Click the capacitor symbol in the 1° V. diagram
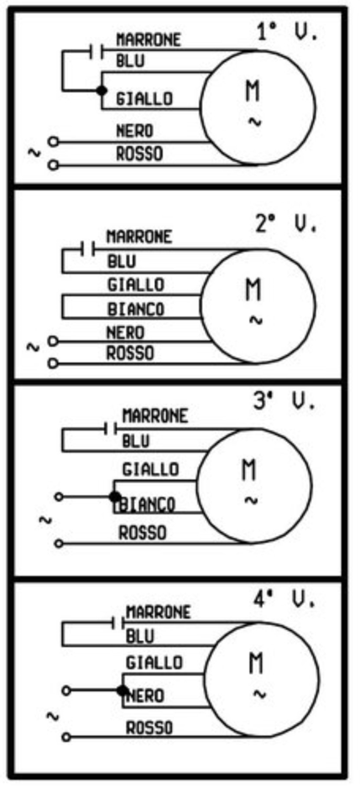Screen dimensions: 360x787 (x=97, y=50)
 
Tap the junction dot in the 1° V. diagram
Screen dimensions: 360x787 (x=102, y=91)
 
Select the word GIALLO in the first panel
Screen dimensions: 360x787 (x=144, y=98)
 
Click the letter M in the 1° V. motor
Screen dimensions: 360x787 (x=253, y=91)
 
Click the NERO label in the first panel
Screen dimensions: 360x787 (x=134, y=132)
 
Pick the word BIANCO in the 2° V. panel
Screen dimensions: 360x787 (x=136, y=309)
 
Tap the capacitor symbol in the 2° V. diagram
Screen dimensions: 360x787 (x=88, y=249)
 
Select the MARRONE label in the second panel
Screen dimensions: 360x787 (x=139, y=237)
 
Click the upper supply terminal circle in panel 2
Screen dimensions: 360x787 (x=53, y=341)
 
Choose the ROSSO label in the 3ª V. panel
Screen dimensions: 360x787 (x=142, y=533)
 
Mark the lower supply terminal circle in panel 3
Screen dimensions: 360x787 (x=60, y=543)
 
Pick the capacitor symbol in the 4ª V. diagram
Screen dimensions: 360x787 (x=118, y=624)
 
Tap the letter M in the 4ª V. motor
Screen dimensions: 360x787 (x=256, y=664)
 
